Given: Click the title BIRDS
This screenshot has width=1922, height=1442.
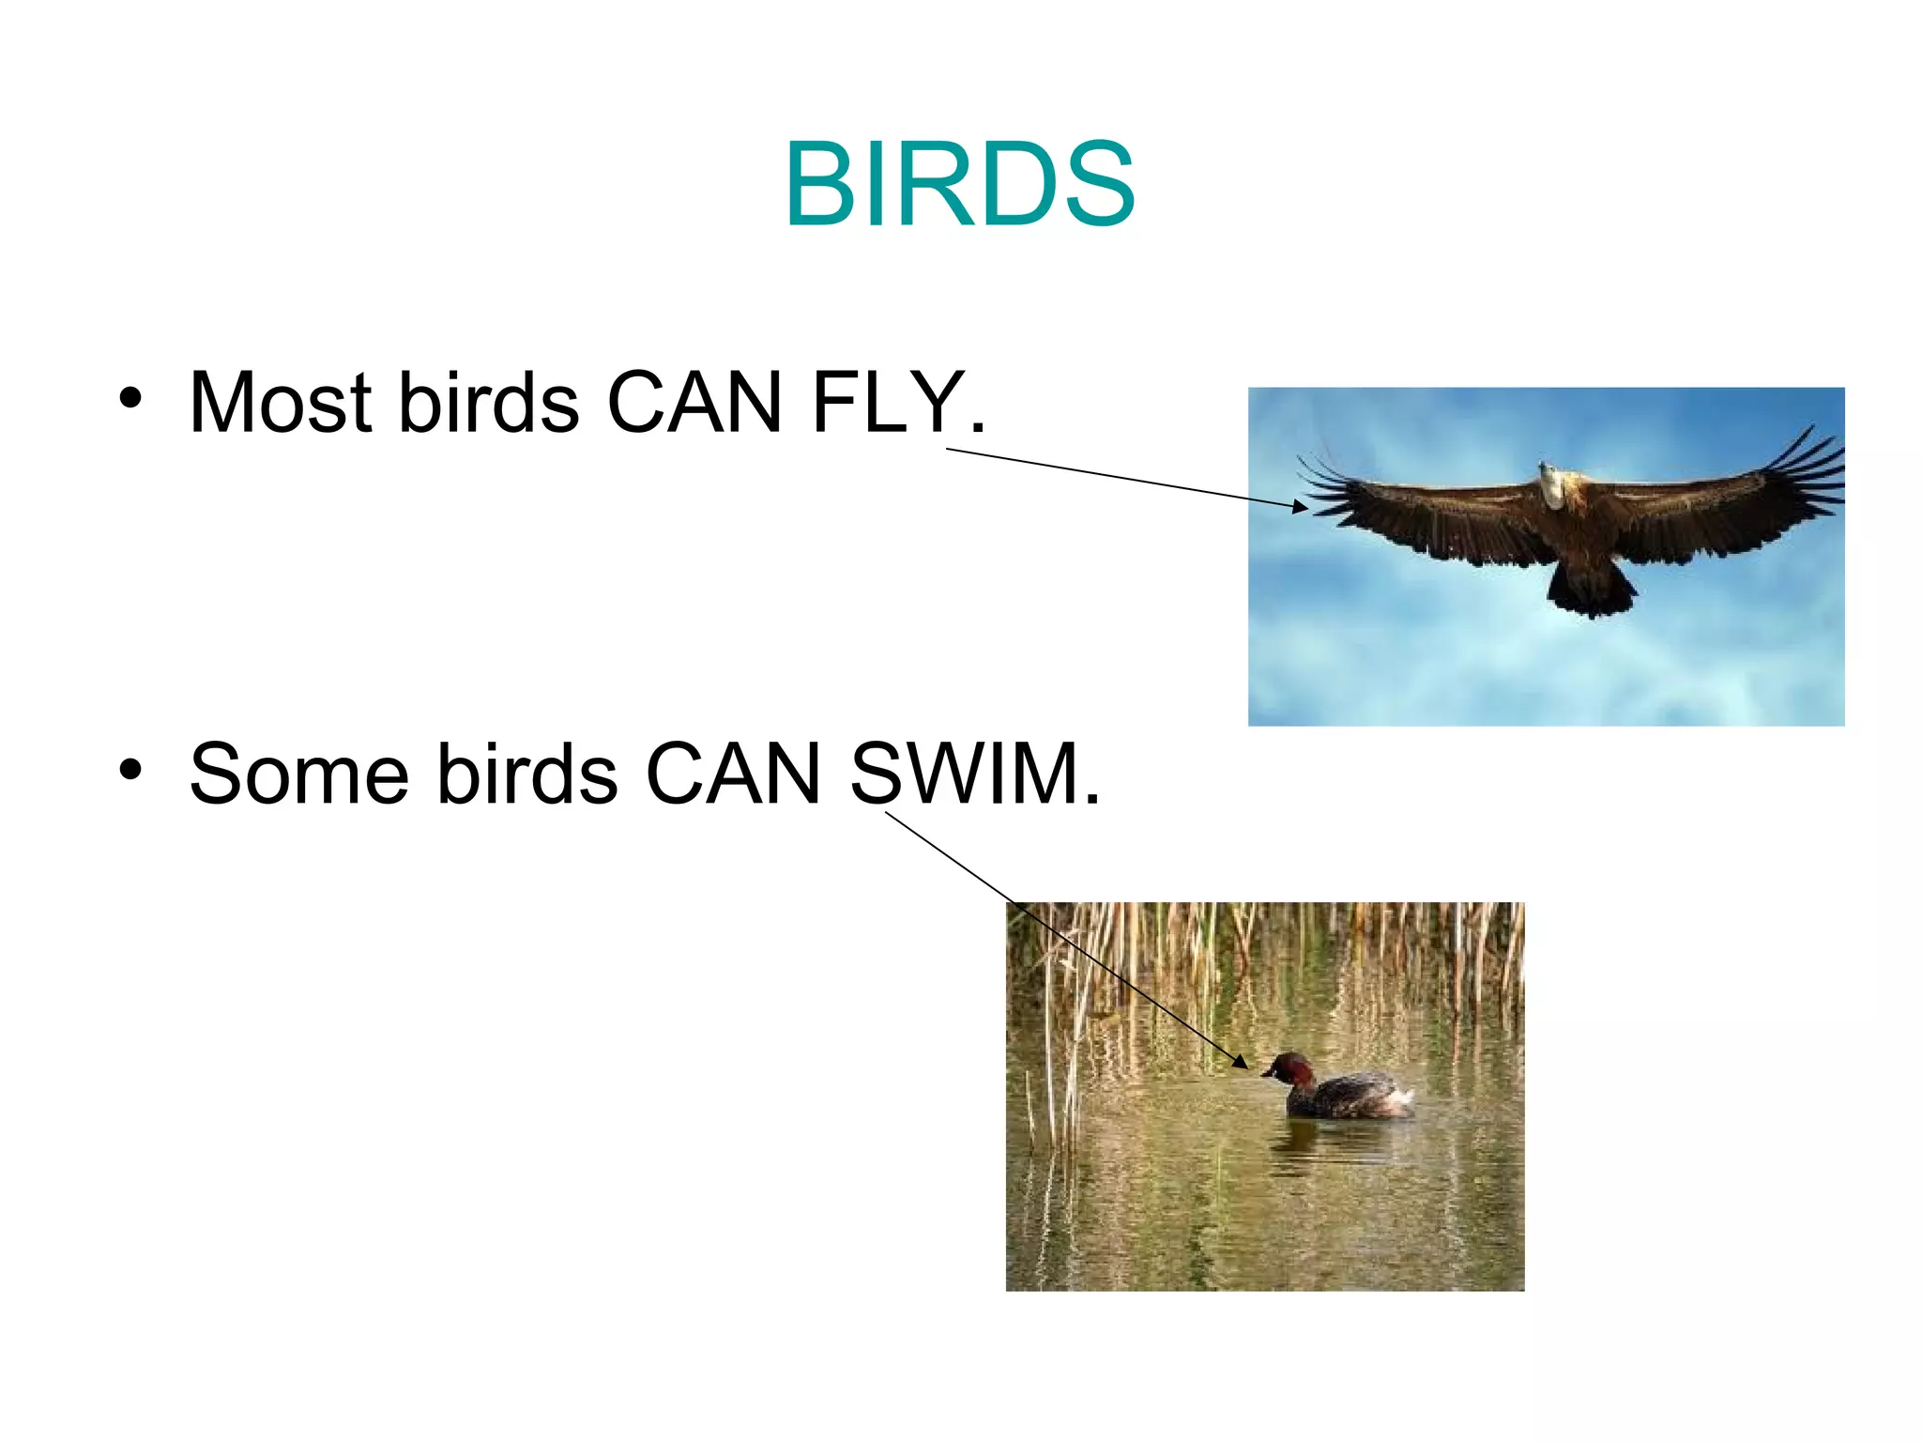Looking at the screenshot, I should tap(959, 184).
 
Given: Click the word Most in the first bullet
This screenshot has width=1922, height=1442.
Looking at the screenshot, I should tap(281, 403).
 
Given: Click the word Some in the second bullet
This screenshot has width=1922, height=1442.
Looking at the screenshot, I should tap(298, 775).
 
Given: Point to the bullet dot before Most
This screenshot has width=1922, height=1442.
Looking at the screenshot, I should tap(130, 398).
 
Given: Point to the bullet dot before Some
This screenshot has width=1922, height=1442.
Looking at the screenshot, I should tap(130, 770).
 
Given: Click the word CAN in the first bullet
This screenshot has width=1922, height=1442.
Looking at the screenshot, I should tap(694, 403).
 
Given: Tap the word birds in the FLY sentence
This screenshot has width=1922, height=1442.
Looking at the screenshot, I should tap(488, 403).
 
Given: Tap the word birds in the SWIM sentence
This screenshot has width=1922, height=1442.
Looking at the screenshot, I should tap(526, 775).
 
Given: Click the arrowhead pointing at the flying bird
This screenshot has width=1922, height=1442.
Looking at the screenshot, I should tap(1300, 507).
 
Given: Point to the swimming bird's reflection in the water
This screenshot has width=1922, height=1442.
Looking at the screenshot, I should tap(1333, 1141).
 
